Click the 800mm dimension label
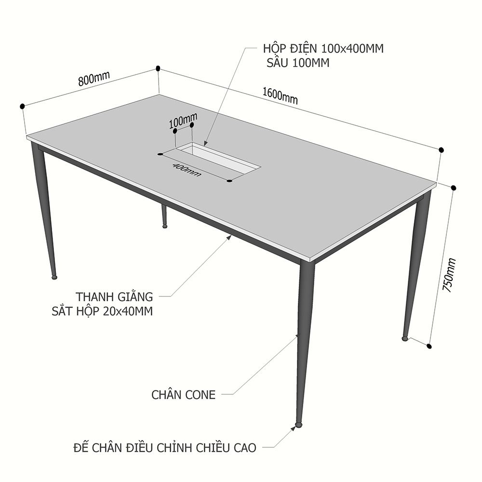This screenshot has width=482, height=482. (x=94, y=79)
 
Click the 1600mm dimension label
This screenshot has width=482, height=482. (x=280, y=95)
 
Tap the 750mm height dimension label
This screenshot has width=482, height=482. (x=448, y=275)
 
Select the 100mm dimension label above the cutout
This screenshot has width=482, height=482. (x=183, y=121)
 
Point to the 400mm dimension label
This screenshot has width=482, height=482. (x=187, y=170)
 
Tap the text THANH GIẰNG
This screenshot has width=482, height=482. (x=114, y=296)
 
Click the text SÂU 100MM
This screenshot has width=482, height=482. (x=298, y=63)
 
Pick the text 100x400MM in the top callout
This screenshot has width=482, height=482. (x=352, y=49)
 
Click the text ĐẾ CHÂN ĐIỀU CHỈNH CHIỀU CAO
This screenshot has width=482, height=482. (x=165, y=448)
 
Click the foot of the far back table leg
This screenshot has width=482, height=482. (x=165, y=226)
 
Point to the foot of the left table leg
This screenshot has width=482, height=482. (x=55, y=277)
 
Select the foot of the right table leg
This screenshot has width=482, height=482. (x=405, y=338)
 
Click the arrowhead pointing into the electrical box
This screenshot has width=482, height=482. (x=205, y=143)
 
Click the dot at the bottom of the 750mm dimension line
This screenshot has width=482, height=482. (x=429, y=347)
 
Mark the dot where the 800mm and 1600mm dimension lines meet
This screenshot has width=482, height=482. (x=158, y=68)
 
